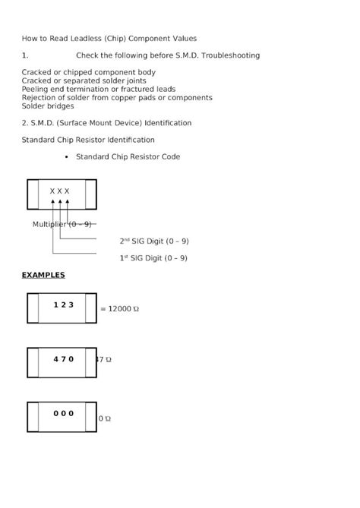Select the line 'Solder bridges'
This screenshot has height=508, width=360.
tap(48, 106)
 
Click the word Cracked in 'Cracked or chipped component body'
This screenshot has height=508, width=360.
tap(37, 72)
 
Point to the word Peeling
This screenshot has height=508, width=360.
tap(36, 89)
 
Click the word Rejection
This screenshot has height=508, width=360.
tap(40, 98)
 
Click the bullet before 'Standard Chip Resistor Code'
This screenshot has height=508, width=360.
tap(68, 157)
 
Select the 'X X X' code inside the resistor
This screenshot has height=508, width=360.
tap(59, 191)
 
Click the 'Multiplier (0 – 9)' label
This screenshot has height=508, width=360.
tap(62, 225)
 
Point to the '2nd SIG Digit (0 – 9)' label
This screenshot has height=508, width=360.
tap(154, 241)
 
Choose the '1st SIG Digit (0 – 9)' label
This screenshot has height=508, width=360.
tap(154, 258)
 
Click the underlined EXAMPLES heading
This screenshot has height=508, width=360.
tap(43, 275)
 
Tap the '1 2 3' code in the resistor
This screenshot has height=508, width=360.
tap(64, 304)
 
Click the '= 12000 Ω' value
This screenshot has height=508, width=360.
tap(120, 310)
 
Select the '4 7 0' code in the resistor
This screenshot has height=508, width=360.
tap(64, 359)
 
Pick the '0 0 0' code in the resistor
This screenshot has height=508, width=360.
tap(64, 414)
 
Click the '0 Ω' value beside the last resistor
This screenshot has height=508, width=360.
tap(105, 419)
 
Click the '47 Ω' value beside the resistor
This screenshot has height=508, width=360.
tap(104, 360)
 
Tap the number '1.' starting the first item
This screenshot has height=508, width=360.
tap(25, 55)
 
